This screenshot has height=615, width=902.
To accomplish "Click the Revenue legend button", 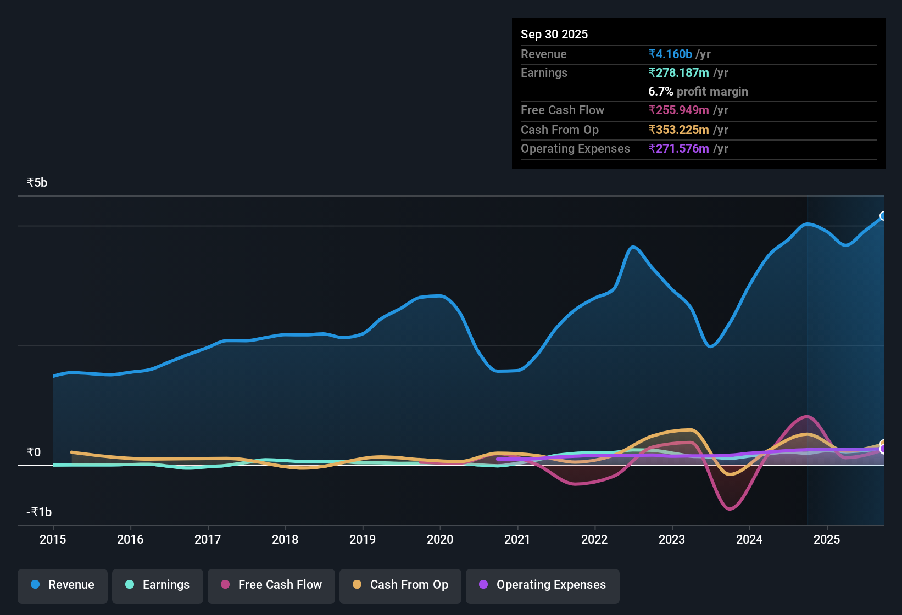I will [x=63, y=585].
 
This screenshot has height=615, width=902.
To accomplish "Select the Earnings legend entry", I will [x=158, y=585].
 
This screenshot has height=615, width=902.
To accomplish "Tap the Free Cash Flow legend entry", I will [x=271, y=585].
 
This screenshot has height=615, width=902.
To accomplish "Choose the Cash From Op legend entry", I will [x=400, y=585].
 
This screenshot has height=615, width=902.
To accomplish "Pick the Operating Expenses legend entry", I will [x=543, y=585].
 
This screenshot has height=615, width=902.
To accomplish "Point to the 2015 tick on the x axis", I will [x=53, y=539].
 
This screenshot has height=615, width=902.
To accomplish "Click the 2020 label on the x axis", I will [x=440, y=539].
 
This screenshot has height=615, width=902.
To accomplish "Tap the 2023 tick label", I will [x=672, y=539].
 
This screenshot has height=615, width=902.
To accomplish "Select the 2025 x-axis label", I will [x=827, y=539].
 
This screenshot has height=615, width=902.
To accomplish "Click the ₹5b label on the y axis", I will [x=37, y=183].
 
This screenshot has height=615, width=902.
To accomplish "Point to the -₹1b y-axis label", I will [x=40, y=512].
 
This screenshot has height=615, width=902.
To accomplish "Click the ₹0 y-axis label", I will [x=34, y=452].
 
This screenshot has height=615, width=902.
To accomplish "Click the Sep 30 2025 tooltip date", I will [x=554, y=34].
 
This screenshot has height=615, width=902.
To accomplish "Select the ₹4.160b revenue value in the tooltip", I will [x=670, y=54].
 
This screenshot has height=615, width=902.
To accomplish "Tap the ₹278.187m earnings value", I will [x=678, y=72].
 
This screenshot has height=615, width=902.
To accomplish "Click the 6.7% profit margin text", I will [x=698, y=91].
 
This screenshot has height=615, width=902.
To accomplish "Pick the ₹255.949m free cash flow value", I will [x=678, y=110].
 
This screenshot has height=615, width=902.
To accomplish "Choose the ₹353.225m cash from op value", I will [x=678, y=130].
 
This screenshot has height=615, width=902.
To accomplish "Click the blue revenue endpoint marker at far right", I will [x=883, y=216].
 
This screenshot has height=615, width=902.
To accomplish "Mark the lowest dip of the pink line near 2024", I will [x=730, y=509].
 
